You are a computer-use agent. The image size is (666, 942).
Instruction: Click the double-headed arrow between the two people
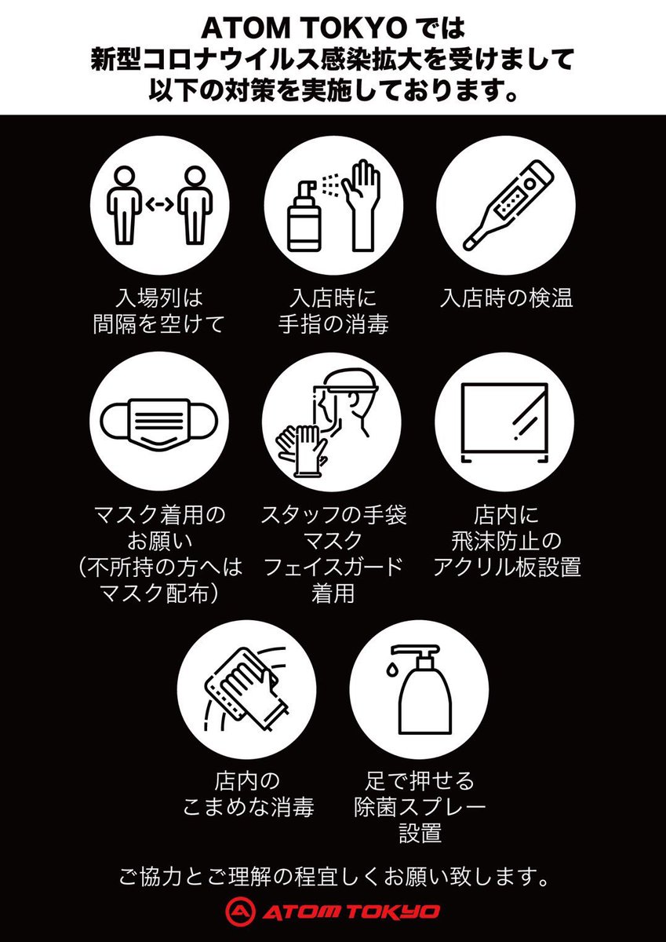pyautogui.click(x=159, y=205)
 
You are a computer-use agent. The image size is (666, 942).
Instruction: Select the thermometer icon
pyautogui.click(x=508, y=205)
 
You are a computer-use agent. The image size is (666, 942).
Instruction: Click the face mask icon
pyautogui.click(x=159, y=425)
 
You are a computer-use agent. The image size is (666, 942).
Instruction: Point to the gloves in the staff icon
pyautogui.click(x=302, y=451)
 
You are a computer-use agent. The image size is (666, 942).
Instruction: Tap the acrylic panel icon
pyautogui.click(x=504, y=422)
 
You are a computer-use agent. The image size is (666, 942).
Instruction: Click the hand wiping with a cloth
pyautogui.click(x=246, y=689)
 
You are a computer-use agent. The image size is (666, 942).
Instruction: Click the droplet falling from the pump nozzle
pyautogui.click(x=391, y=669)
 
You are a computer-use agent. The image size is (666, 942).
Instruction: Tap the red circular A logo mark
pyautogui.click(x=240, y=911)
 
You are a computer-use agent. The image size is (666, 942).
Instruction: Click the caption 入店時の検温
pyautogui.click(x=506, y=298)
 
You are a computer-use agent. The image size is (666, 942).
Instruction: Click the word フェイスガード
pyautogui.click(x=333, y=567)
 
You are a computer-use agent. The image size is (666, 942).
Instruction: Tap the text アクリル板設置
pyautogui.click(x=506, y=567)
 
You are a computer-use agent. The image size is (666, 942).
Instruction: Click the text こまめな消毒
pyautogui.click(x=249, y=807)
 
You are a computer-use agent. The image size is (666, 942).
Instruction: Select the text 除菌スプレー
pyautogui.click(x=420, y=807)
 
